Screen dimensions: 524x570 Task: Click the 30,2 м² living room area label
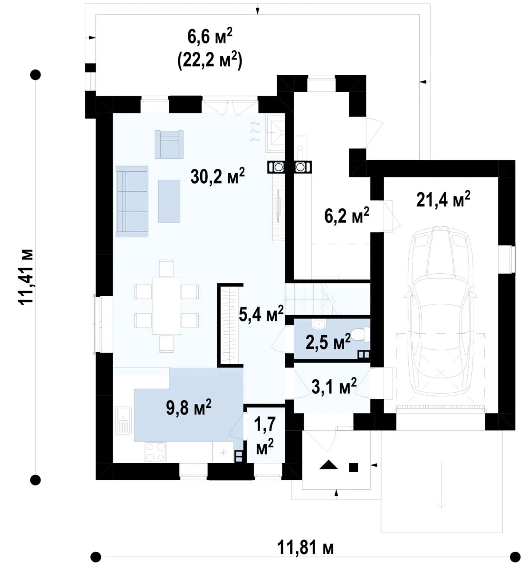click(x=217, y=176)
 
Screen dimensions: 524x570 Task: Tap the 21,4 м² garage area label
click(x=443, y=199)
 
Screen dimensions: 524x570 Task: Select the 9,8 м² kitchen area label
click(x=189, y=407)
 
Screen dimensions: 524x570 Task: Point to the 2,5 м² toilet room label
click(x=328, y=342)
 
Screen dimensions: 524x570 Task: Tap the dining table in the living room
click(x=167, y=306)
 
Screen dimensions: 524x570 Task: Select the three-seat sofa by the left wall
click(x=132, y=201)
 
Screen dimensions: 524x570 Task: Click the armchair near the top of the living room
click(x=169, y=145)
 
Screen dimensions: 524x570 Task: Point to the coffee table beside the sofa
click(x=169, y=201)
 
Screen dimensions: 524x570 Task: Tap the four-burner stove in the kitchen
click(x=155, y=452)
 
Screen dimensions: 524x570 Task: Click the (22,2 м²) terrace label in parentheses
click(x=210, y=60)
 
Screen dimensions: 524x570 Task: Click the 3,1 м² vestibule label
click(x=334, y=386)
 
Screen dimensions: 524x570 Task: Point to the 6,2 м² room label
click(x=347, y=216)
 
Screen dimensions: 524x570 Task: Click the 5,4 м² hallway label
click(x=261, y=313)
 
